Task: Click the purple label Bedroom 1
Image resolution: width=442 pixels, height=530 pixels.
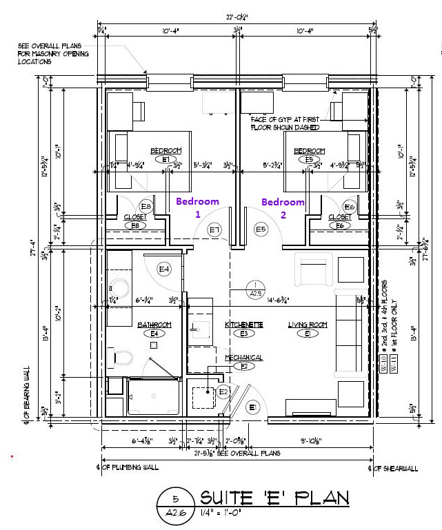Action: tap(197, 207)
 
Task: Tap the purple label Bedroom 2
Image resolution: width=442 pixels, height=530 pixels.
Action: tap(283, 208)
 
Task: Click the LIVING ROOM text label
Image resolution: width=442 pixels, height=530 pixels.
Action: tap(307, 324)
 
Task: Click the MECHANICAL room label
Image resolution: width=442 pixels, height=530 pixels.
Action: tap(243, 357)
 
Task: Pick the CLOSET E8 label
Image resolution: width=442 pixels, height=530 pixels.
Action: tap(135, 216)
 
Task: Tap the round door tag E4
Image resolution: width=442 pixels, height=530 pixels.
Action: tap(164, 269)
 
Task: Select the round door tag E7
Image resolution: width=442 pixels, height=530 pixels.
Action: tap(214, 230)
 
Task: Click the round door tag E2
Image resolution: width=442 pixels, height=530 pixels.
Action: tap(223, 391)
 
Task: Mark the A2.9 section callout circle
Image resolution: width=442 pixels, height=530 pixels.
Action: tap(256, 288)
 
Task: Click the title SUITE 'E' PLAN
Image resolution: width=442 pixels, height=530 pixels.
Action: tap(274, 498)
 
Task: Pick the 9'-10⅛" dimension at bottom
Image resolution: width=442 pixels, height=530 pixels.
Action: tap(320, 442)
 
